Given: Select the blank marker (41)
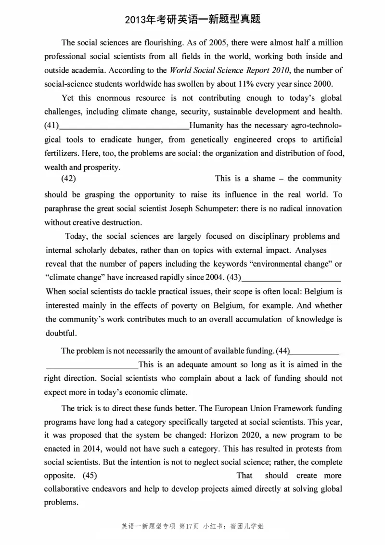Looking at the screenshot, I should point(51,126).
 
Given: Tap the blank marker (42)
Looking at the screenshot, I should point(68,179).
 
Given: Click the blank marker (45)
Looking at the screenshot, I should point(90,475).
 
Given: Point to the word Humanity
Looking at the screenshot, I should point(206,126).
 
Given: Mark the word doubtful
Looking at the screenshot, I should point(60,333).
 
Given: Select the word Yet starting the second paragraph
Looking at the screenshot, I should point(68,98).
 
